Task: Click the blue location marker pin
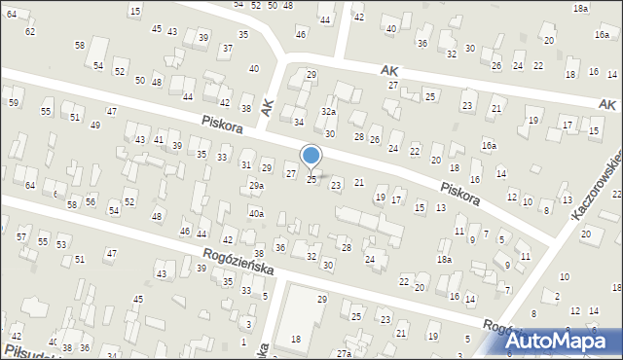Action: click(x=311, y=157)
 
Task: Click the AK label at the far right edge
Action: click(x=609, y=103)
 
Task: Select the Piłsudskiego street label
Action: click(x=29, y=348)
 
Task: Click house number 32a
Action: click(x=329, y=112)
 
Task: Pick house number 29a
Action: click(x=256, y=185)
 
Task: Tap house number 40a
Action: click(x=256, y=213)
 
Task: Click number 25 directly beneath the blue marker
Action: click(x=311, y=179)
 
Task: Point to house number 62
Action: click(x=29, y=31)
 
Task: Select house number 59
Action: click(x=14, y=102)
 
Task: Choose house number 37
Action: click(x=227, y=48)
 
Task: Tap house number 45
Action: click(x=157, y=29)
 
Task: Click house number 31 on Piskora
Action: click(x=245, y=164)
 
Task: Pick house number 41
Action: click(x=158, y=141)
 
